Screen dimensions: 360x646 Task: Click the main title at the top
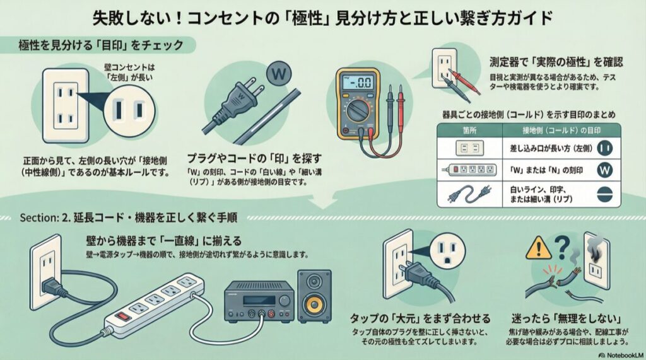click(323, 16)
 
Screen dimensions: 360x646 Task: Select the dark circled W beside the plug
click(277, 73)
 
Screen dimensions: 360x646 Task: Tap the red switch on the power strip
click(121, 313)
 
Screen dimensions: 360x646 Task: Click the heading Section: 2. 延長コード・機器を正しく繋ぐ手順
click(129, 218)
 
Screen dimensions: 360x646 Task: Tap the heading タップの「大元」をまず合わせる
click(420, 318)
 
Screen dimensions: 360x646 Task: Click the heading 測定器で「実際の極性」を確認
click(556, 62)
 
